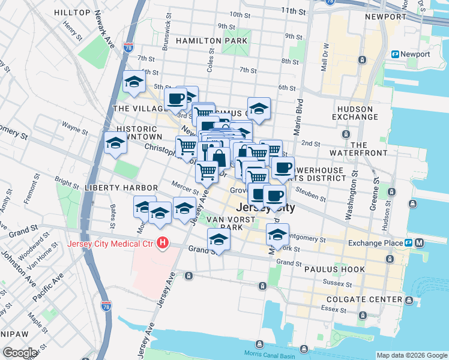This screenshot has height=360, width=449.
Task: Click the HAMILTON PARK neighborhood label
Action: click(211, 41)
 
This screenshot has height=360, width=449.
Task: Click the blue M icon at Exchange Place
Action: click(419, 243)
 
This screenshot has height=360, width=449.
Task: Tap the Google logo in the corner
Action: click(20, 352)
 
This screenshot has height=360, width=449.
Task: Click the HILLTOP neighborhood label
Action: click(73, 13)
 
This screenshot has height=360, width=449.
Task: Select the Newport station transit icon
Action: click(396, 55)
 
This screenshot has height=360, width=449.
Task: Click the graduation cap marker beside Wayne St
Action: click(115, 144)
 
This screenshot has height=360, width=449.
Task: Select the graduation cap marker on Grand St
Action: click(219, 240)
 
